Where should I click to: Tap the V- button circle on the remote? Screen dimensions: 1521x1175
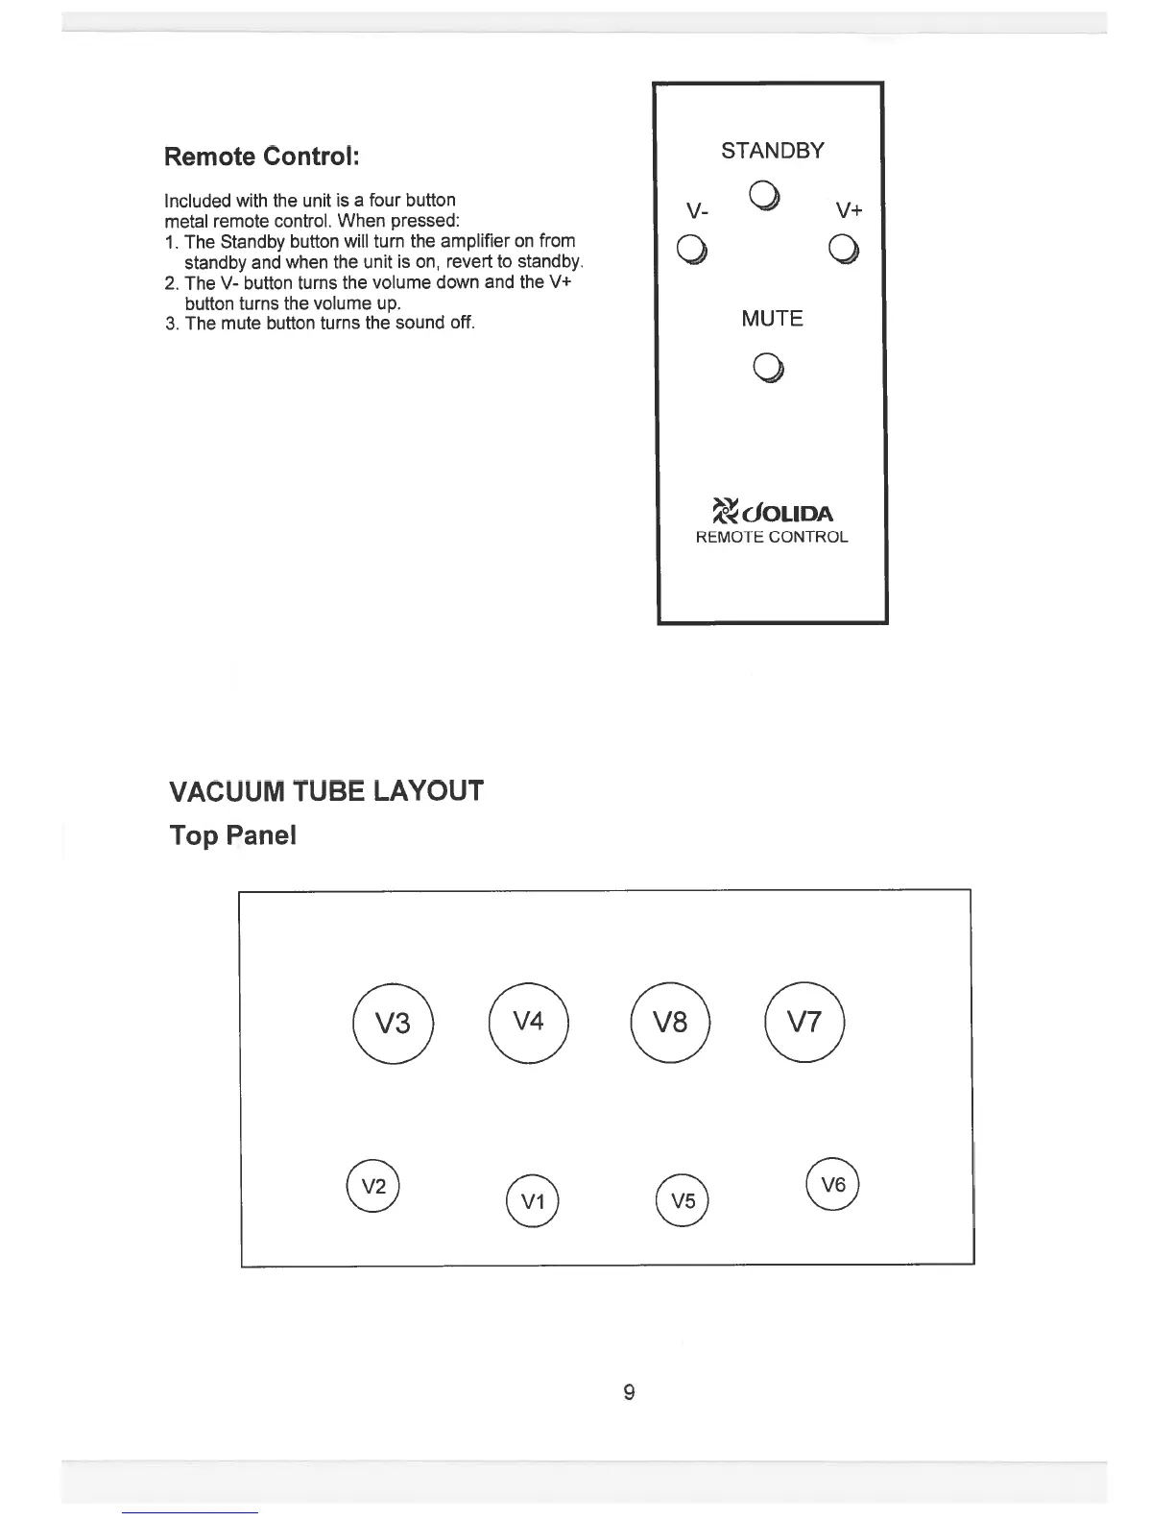pyautogui.click(x=692, y=248)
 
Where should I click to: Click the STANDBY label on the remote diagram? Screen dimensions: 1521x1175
pyautogui.click(x=772, y=151)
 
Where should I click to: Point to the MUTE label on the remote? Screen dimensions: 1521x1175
pyautogui.click(x=772, y=318)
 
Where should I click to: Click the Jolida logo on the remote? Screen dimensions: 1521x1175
pyautogui.click(x=773, y=512)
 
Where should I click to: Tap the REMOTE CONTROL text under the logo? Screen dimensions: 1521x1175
pyautogui.click(x=772, y=538)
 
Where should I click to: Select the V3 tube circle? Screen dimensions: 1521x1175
pyautogui.click(x=394, y=1024)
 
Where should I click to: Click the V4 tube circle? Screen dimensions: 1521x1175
pyautogui.click(x=529, y=1022)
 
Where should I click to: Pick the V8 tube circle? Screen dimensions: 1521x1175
pyautogui.click(x=670, y=1023)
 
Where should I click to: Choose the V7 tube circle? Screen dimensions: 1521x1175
pyautogui.click(x=804, y=1022)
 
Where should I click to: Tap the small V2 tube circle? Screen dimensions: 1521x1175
pyautogui.click(x=372, y=1186)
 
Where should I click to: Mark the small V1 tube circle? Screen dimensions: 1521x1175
pyautogui.click(x=532, y=1201)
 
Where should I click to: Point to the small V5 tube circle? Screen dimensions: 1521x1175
pyautogui.click(x=682, y=1201)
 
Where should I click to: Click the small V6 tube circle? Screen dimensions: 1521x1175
pyautogui.click(x=833, y=1185)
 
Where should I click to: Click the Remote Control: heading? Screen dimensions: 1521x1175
pyautogui.click(x=262, y=156)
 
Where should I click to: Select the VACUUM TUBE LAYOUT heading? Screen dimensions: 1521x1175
pyautogui.click(x=326, y=792)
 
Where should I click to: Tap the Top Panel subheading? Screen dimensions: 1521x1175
pyautogui.click(x=233, y=835)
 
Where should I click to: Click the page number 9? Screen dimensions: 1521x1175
pyautogui.click(x=629, y=1391)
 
